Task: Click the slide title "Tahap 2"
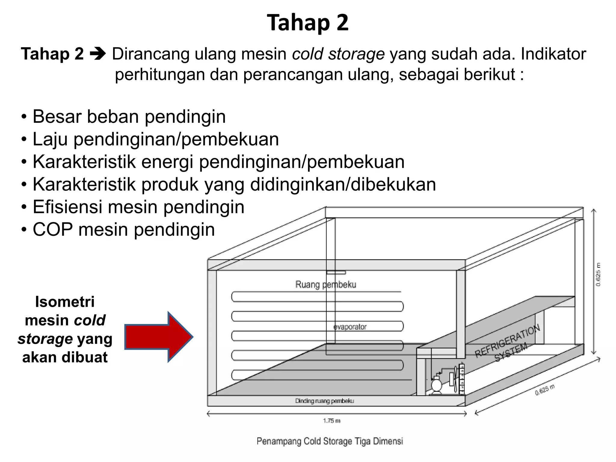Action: point(308,23)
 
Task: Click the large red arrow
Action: point(159,337)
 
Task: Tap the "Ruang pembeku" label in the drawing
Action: point(325,284)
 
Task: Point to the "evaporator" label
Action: point(350,327)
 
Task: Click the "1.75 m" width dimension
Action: point(332,420)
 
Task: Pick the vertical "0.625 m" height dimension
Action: point(598,274)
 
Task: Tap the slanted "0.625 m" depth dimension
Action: point(545,390)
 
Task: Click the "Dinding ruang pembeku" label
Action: point(325,401)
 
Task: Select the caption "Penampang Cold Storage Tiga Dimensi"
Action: point(330,441)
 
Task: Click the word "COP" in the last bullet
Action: point(53,229)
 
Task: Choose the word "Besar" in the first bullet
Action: point(57,117)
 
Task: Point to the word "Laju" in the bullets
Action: point(50,140)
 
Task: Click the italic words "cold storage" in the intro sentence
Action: point(338,54)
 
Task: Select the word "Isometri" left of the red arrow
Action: point(65,302)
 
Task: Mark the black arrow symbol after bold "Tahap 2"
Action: point(98,54)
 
